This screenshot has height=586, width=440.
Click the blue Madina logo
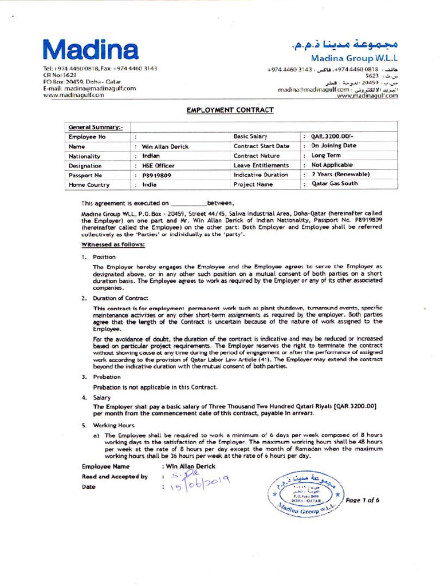pos(91,50)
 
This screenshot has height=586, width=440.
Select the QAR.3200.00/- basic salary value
pos(332,137)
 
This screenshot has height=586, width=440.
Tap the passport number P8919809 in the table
pos(156,176)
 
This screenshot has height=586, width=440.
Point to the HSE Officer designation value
pos(158,165)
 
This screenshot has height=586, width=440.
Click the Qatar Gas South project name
pos(334,184)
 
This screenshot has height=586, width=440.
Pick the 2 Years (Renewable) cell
pos(340,175)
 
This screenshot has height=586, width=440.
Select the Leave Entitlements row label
pos(261,165)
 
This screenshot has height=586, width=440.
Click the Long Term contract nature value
pos(326,156)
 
